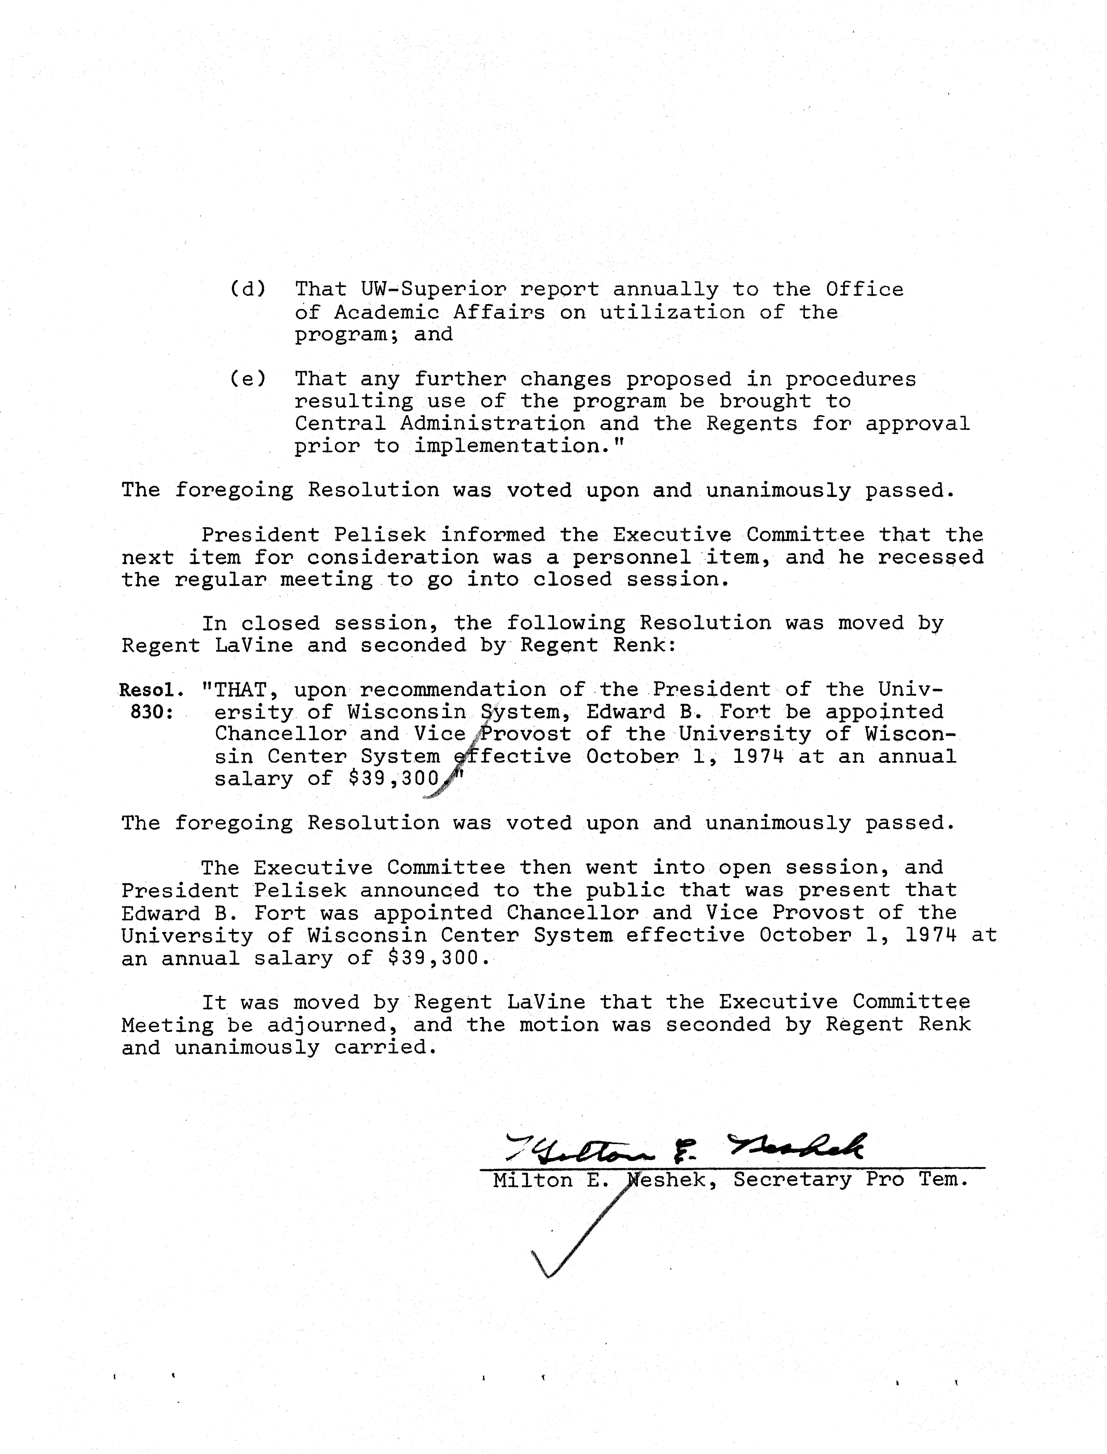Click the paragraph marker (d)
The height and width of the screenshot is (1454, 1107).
coord(248,289)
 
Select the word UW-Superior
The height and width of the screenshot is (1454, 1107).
coord(434,289)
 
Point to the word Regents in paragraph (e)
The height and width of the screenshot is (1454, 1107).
coord(752,424)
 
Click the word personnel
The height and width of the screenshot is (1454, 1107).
coord(631,557)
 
